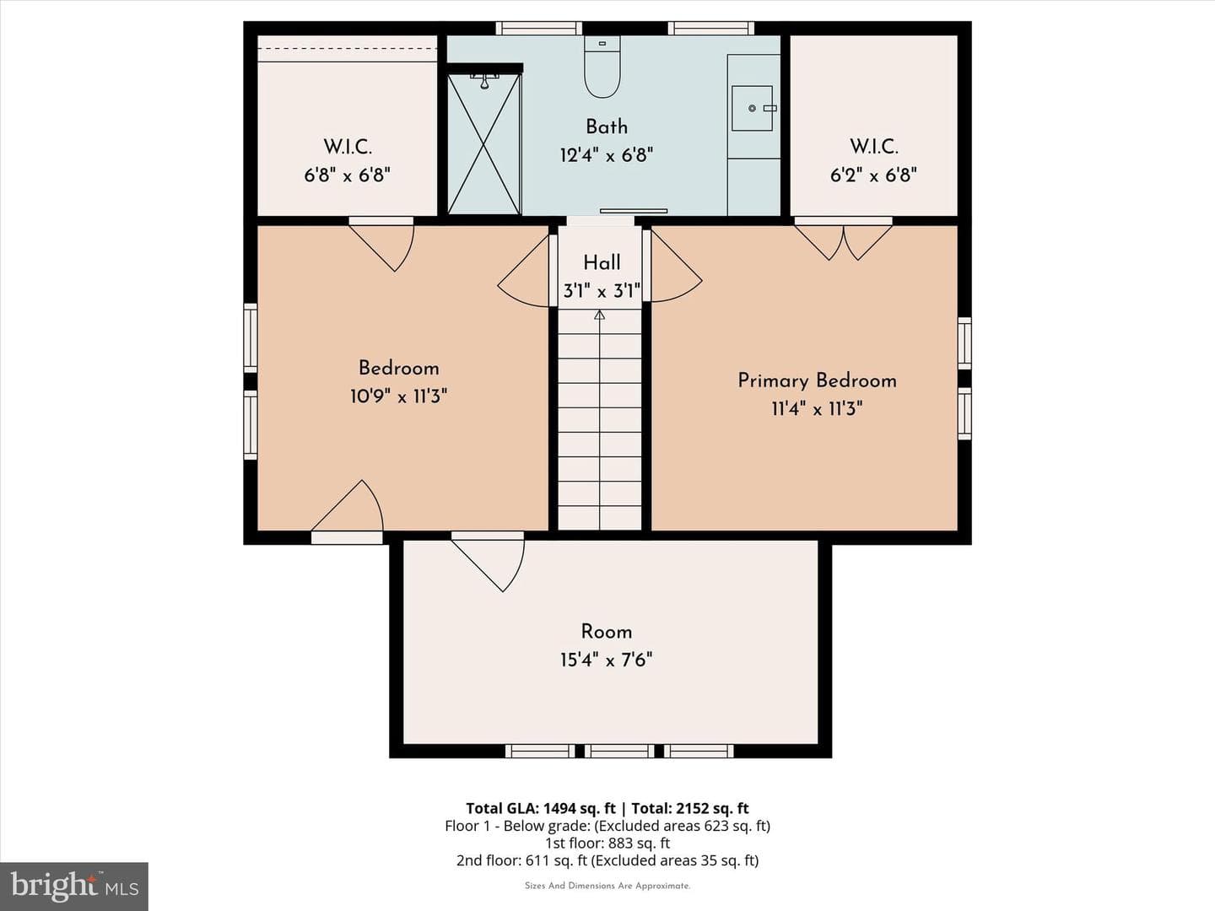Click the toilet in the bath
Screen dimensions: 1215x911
[602, 67]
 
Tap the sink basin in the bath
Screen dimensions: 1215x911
[752, 109]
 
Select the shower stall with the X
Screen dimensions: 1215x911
[484, 143]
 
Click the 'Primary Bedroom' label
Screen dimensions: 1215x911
[817, 380]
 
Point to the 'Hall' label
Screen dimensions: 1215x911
[602, 262]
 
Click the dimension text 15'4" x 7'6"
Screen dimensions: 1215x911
[606, 660]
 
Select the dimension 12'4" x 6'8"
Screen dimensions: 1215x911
[607, 155]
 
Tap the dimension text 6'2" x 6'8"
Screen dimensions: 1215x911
[873, 175]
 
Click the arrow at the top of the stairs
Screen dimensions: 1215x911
[599, 315]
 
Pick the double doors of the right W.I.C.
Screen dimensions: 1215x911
[843, 239]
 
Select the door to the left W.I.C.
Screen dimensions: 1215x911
[382, 244]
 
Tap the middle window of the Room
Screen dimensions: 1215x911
[619, 751]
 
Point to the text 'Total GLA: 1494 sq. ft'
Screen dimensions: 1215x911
[541, 809]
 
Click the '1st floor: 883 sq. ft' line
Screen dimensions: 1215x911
[607, 843]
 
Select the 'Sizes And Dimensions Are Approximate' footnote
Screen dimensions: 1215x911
[607, 886]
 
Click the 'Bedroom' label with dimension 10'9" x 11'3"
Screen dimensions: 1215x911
[398, 369]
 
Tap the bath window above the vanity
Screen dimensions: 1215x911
[710, 28]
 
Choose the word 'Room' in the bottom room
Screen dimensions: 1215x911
[606, 632]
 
